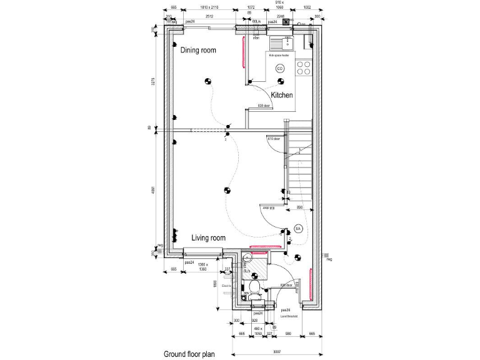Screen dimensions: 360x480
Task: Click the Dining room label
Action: pyautogui.click(x=198, y=50)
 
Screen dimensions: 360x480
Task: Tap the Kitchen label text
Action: pyautogui.click(x=281, y=95)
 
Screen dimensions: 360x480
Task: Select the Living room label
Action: pyautogui.click(x=208, y=238)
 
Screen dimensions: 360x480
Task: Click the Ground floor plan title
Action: pyautogui.click(x=189, y=354)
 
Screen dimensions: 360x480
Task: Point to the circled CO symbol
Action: pyautogui.click(x=279, y=68)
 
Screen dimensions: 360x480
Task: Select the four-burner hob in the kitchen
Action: pyautogui.click(x=303, y=67)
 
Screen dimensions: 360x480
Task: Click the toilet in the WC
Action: pyautogui.click(x=254, y=287)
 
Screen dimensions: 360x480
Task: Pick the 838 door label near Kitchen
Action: pyautogui.click(x=265, y=106)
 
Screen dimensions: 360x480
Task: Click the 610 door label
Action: pyautogui.click(x=274, y=139)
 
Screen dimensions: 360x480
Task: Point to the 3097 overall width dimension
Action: pyautogui.click(x=276, y=354)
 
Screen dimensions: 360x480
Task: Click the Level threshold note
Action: pyautogui.click(x=288, y=316)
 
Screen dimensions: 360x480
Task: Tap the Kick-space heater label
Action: pyautogui.click(x=279, y=56)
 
